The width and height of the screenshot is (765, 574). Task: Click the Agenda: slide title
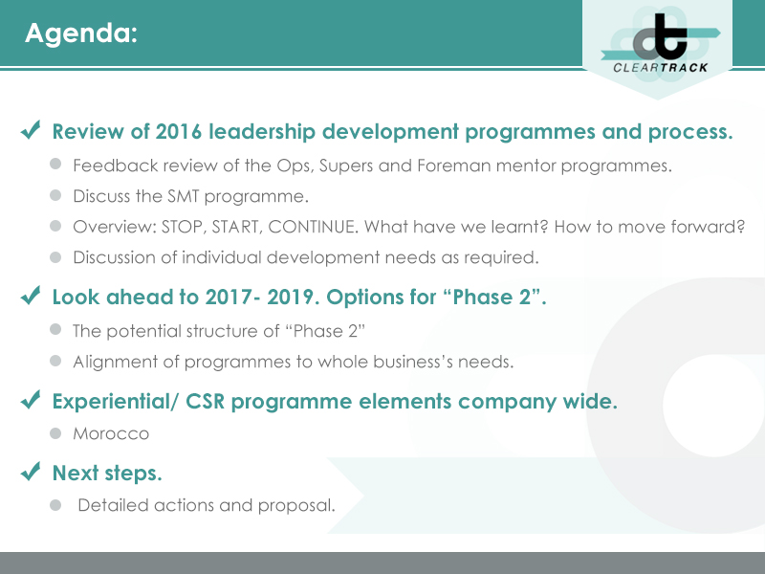tap(81, 33)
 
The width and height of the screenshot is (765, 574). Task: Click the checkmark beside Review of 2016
tap(31, 131)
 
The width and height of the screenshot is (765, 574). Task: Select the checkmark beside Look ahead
tap(31, 297)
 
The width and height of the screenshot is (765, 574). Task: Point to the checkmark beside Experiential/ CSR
tap(31, 401)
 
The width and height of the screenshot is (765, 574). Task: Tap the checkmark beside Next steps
tap(31, 472)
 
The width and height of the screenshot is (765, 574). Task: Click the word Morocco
tap(111, 433)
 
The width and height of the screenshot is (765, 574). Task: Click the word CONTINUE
tap(338, 227)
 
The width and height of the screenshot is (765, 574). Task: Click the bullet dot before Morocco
tap(56, 432)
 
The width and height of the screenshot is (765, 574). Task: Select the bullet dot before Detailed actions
tap(56, 503)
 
